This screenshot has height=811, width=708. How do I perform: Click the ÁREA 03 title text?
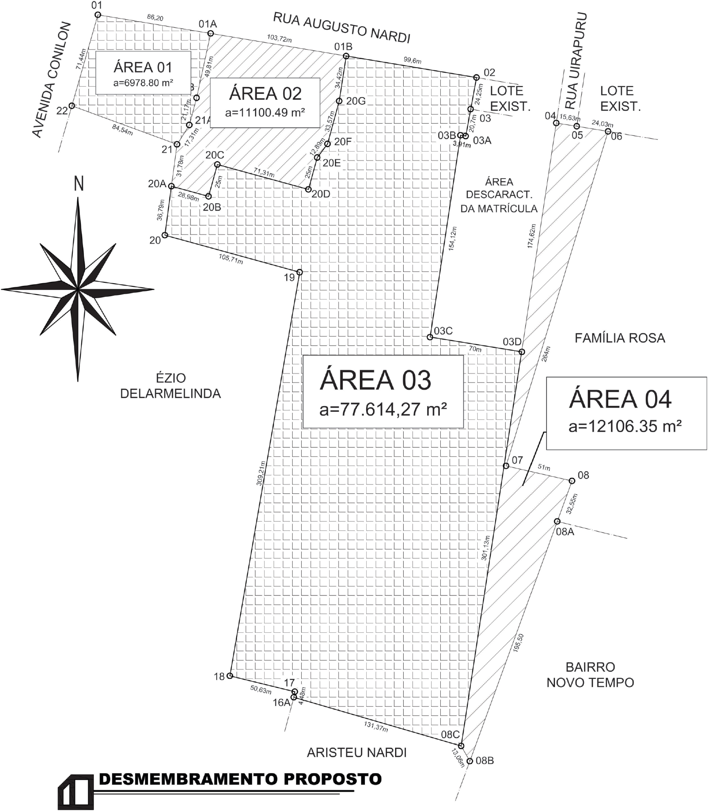375,380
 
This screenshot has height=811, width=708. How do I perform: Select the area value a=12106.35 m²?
625,426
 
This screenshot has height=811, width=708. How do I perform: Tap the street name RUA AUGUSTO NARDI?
341,28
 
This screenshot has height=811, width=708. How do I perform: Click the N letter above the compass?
79,184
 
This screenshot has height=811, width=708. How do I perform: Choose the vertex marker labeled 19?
299,272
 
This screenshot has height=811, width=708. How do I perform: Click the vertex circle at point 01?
98,15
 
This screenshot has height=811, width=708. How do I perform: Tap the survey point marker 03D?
522,352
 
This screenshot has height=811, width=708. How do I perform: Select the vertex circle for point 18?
230,676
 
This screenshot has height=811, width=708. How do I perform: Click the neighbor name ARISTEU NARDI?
357,752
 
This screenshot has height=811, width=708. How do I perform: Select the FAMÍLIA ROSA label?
619,338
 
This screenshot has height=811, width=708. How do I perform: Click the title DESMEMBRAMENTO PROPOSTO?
240,779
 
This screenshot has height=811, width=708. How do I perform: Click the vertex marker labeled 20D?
308,189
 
